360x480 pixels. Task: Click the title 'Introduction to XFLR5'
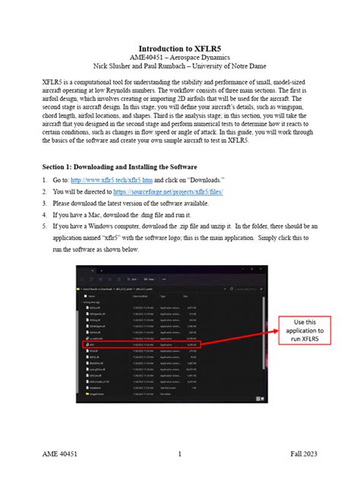[179, 49]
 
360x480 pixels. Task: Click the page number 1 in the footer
[179, 455]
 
